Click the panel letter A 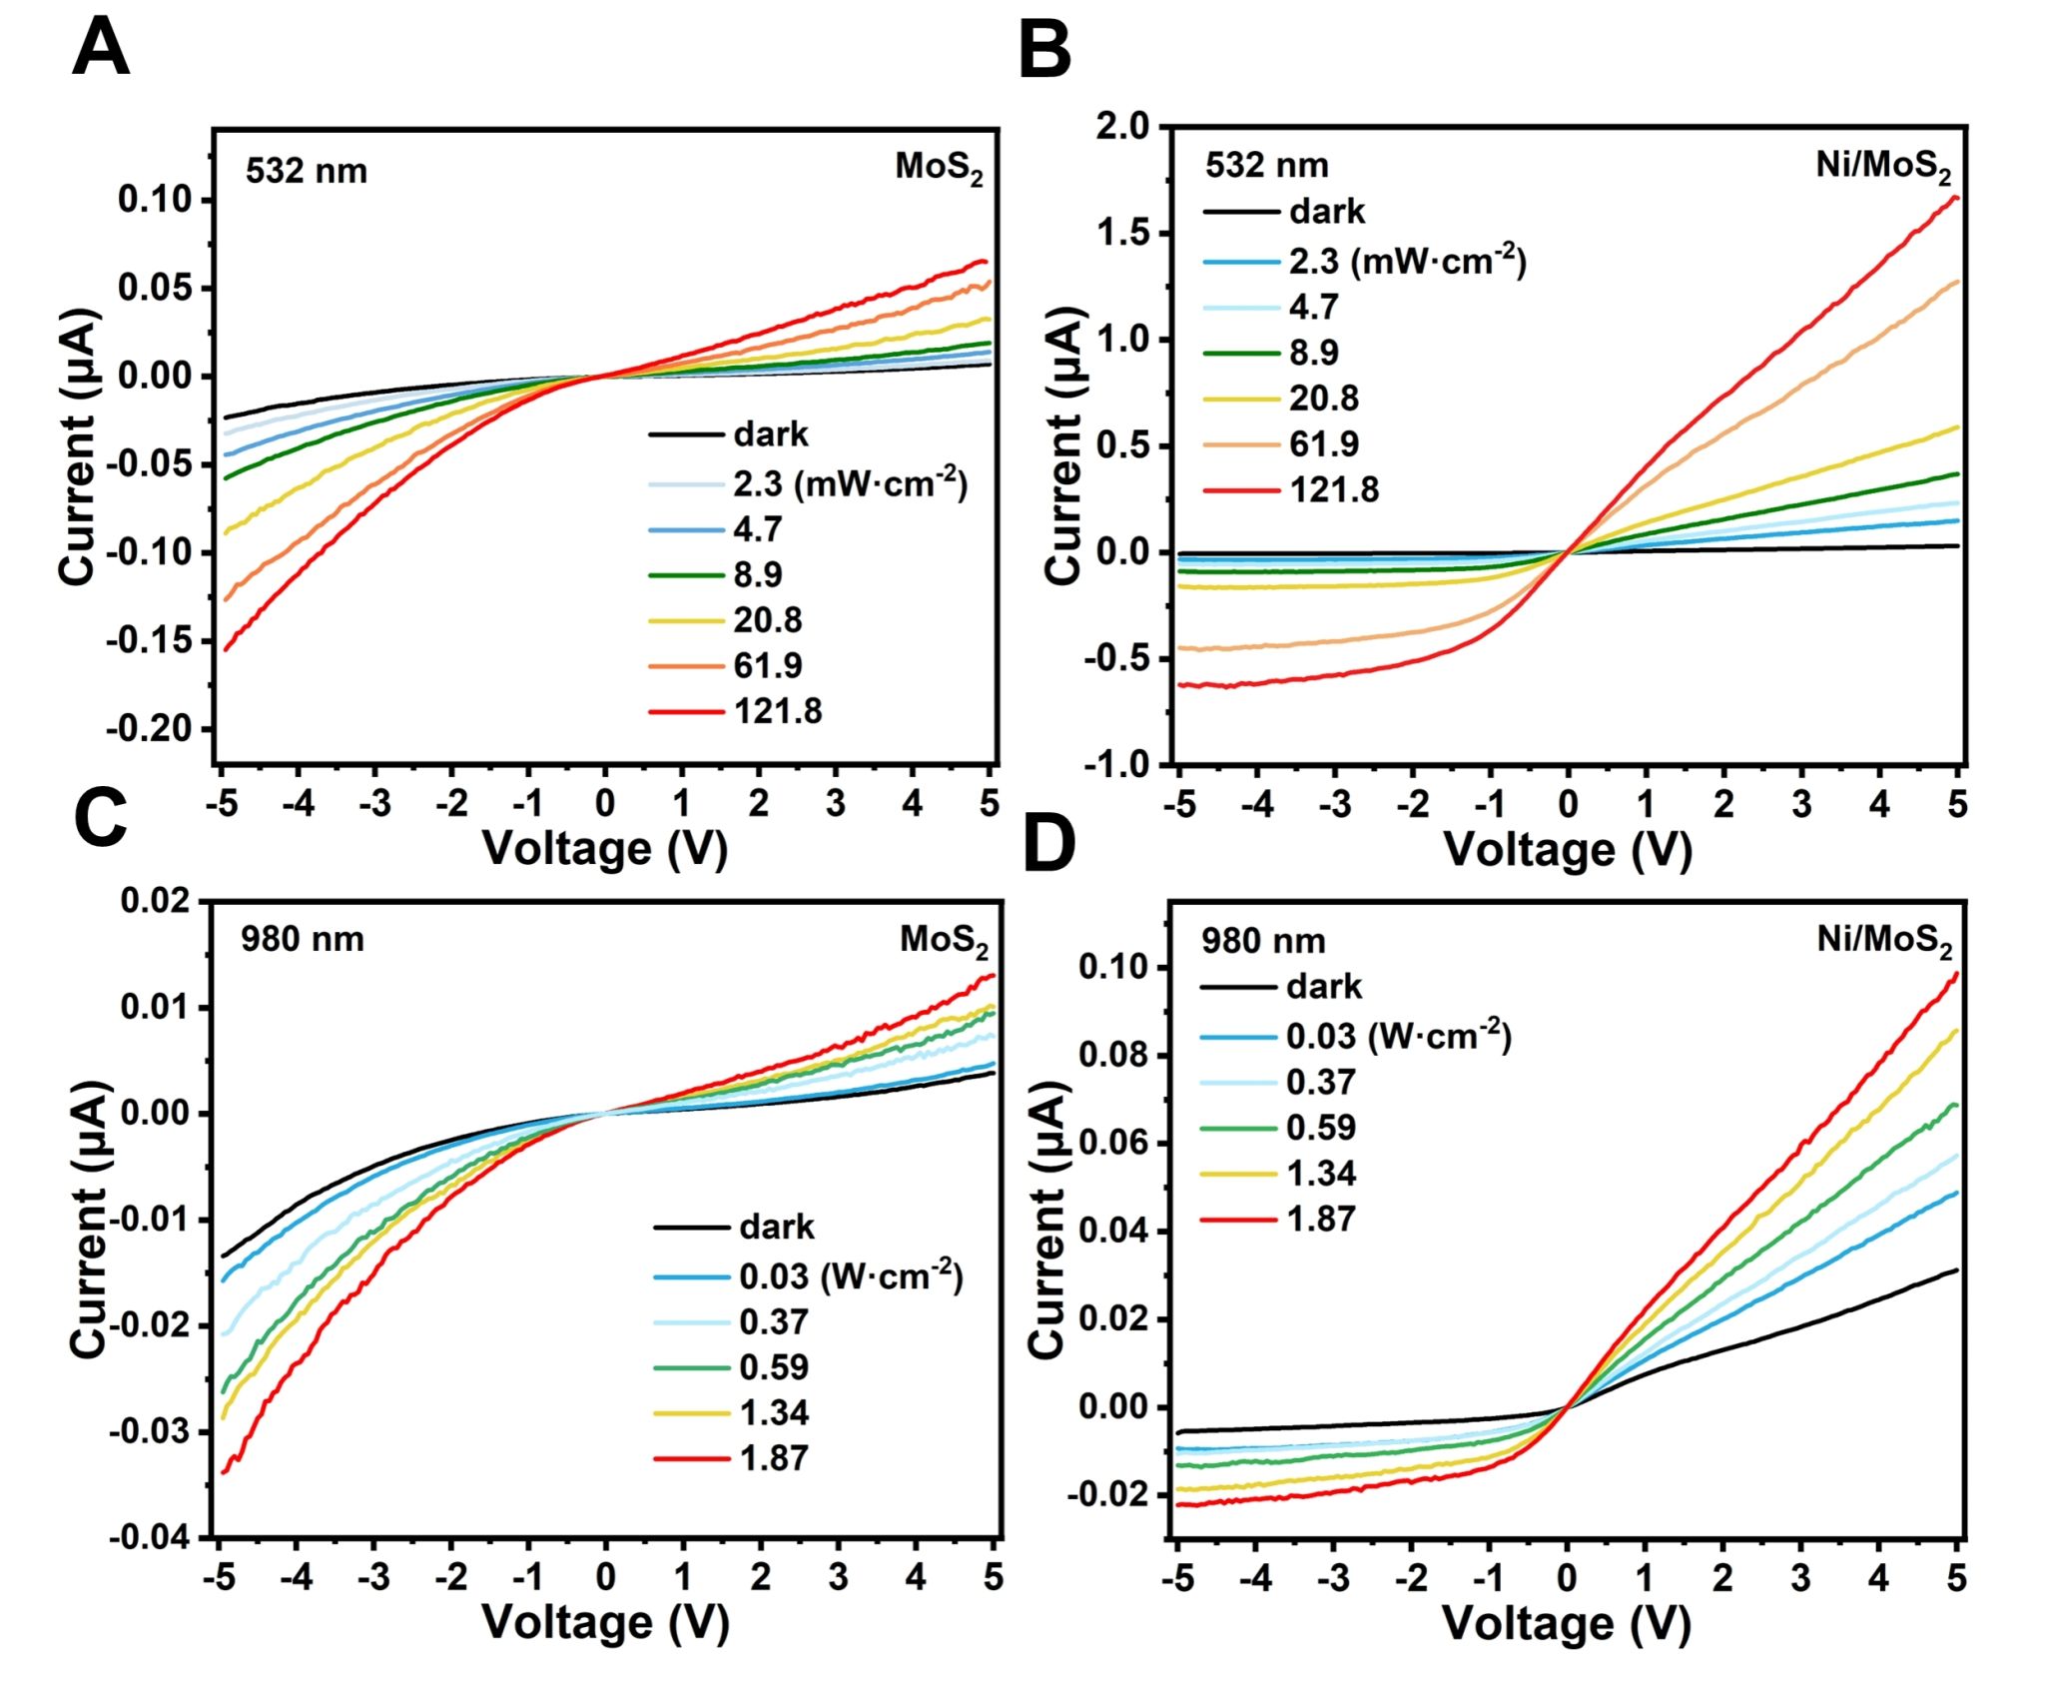pos(101,48)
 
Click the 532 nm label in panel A pos(307,171)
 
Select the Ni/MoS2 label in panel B pos(1882,166)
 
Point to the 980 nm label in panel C pos(302,940)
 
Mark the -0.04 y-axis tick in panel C pos(151,1537)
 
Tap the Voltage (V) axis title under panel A pos(605,849)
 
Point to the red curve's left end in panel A pos(226,650)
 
